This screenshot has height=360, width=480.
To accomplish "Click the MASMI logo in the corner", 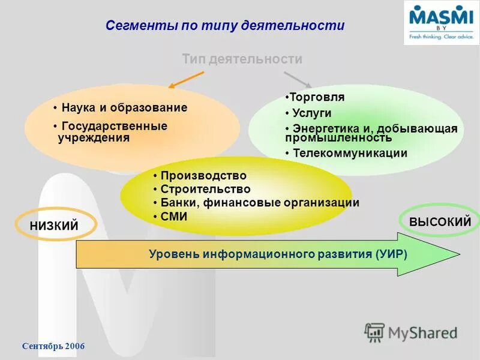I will click(x=441, y=23).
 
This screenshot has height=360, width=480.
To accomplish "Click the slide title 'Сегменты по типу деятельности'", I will click(x=225, y=26).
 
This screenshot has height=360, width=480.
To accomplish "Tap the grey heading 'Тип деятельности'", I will click(x=242, y=59).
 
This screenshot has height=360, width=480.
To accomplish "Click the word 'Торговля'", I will click(x=316, y=97).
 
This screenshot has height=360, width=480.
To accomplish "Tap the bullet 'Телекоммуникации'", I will click(x=349, y=153).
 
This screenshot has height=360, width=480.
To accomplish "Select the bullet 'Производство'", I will click(x=203, y=176).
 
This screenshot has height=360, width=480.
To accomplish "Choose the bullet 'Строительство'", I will click(x=205, y=189).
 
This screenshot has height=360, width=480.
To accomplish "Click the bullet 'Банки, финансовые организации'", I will click(x=259, y=203).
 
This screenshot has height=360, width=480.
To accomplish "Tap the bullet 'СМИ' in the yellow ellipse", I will click(x=173, y=217).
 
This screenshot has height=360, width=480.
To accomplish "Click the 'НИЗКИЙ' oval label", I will click(x=55, y=226).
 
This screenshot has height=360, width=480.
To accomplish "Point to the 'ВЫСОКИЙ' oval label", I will click(x=440, y=222).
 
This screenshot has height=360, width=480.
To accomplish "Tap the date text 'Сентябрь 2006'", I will click(x=53, y=346).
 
